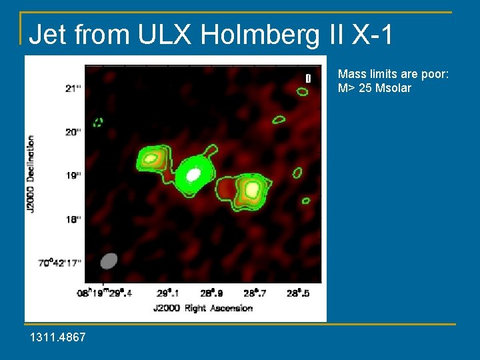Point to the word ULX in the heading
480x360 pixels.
pyautogui.click(x=107, y=35)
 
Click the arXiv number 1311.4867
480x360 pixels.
pyautogui.click(x=58, y=338)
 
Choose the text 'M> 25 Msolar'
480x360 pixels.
pyautogui.click(x=375, y=88)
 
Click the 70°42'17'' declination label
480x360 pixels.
pyautogui.click(x=60, y=263)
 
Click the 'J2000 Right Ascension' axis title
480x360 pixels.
pyautogui.click(x=203, y=308)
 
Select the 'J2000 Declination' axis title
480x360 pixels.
pyautogui.click(x=31, y=175)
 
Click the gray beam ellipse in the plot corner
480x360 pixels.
pyautogui.click(x=108, y=260)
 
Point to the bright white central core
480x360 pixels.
pyautogui.click(x=193, y=175)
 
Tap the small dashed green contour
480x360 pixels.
pyautogui.click(x=99, y=122)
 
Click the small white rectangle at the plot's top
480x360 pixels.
pyautogui.click(x=308, y=78)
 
